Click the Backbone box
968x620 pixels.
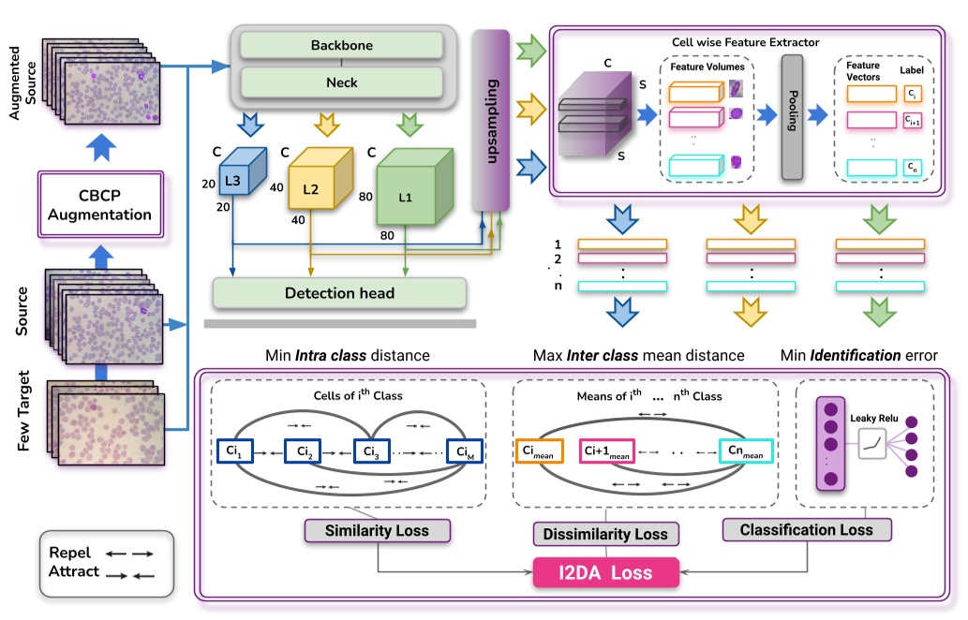click(x=341, y=45)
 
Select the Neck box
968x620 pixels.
click(x=341, y=82)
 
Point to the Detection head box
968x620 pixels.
click(x=339, y=293)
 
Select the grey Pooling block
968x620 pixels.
click(x=792, y=116)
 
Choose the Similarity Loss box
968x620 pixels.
click(x=378, y=531)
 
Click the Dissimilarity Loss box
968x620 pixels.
click(x=606, y=534)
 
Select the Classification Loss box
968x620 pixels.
click(x=806, y=530)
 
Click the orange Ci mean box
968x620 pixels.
click(x=541, y=451)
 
